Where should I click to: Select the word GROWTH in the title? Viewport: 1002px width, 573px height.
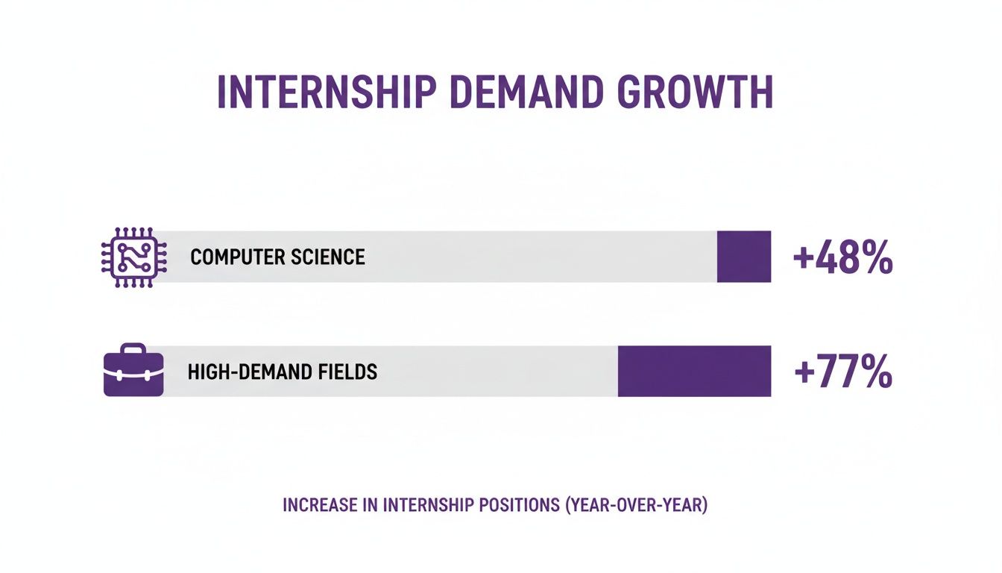[x=698, y=93]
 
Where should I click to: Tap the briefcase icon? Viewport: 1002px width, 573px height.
[x=133, y=371]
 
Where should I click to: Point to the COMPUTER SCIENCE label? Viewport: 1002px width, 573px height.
[x=277, y=257]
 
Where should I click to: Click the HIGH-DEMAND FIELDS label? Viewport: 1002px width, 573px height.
[x=283, y=372]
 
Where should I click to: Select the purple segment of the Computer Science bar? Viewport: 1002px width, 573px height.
[x=743, y=257]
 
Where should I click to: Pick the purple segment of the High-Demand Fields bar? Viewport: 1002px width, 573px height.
[x=694, y=371]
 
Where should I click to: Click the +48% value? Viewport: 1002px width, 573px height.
[x=842, y=258]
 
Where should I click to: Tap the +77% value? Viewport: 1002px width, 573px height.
[x=842, y=372]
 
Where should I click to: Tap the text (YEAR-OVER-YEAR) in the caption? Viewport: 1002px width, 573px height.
[x=636, y=505]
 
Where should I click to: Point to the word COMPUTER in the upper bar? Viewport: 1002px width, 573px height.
[x=233, y=257]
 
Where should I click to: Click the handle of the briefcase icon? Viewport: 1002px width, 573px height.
[x=133, y=349]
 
